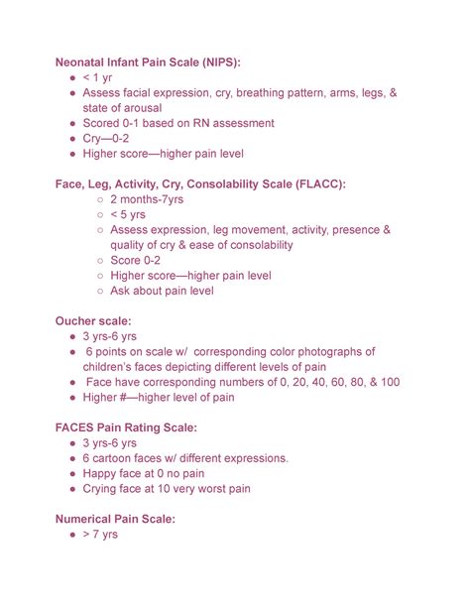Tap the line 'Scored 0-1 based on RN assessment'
click(178, 123)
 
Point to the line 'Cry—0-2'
click(108, 139)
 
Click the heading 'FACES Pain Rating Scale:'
click(140, 427)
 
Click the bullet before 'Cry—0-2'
click(72, 139)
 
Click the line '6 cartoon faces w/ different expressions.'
click(185, 458)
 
